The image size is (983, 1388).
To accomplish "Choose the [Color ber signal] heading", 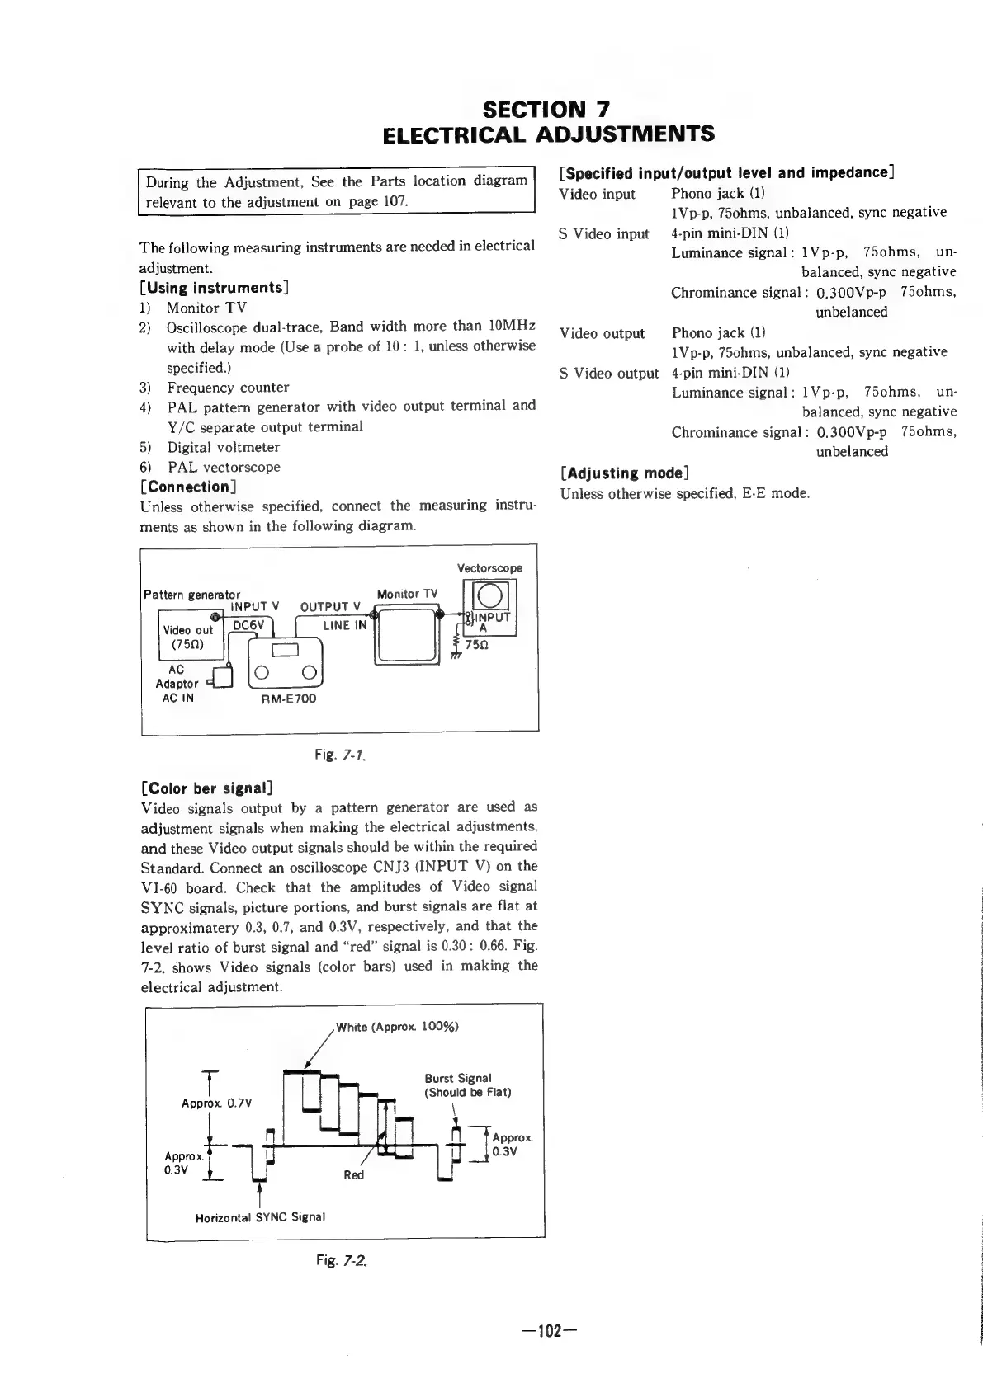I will (207, 788).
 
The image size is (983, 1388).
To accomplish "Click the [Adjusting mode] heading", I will (625, 473).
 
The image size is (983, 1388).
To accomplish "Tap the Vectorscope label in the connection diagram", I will (489, 568).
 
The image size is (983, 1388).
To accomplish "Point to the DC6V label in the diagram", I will (248, 625).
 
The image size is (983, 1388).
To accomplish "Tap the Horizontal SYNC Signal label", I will (260, 1216).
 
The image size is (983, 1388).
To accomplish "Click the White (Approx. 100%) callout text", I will (397, 1027).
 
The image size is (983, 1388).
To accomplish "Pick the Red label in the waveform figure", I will (353, 1174).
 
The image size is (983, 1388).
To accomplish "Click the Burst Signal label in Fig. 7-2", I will (458, 1078).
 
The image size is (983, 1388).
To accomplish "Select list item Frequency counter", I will (228, 388).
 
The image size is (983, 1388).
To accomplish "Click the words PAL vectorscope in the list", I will (224, 467).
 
